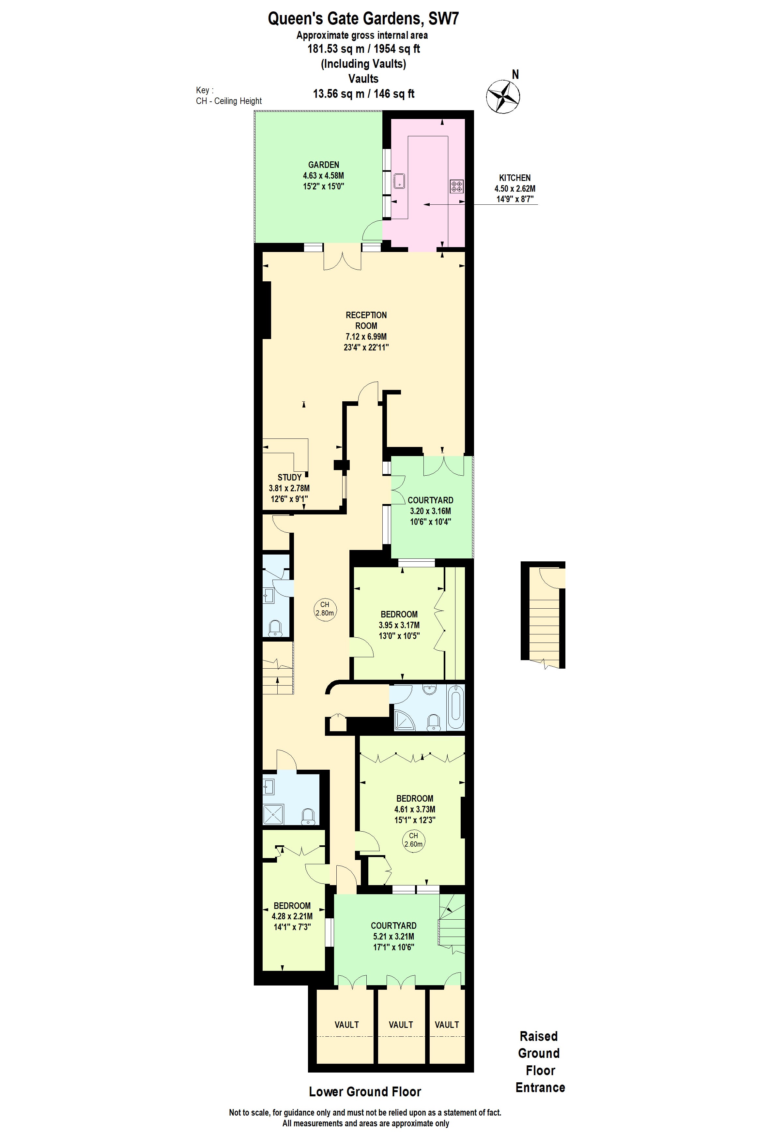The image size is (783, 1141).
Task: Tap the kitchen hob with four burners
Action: click(x=456, y=186)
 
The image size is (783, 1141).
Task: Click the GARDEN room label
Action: click(x=324, y=165)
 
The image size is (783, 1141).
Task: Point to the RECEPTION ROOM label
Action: click(x=366, y=320)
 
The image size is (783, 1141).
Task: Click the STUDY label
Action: click(x=290, y=477)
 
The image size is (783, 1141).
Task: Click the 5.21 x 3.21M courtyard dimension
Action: click(x=393, y=936)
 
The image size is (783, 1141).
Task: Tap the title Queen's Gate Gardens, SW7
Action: click(x=363, y=19)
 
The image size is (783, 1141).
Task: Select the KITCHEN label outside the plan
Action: click(x=515, y=178)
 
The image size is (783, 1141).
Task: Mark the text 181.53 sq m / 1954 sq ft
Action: click(x=363, y=49)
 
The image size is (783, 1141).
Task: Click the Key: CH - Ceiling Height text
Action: click(x=229, y=96)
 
